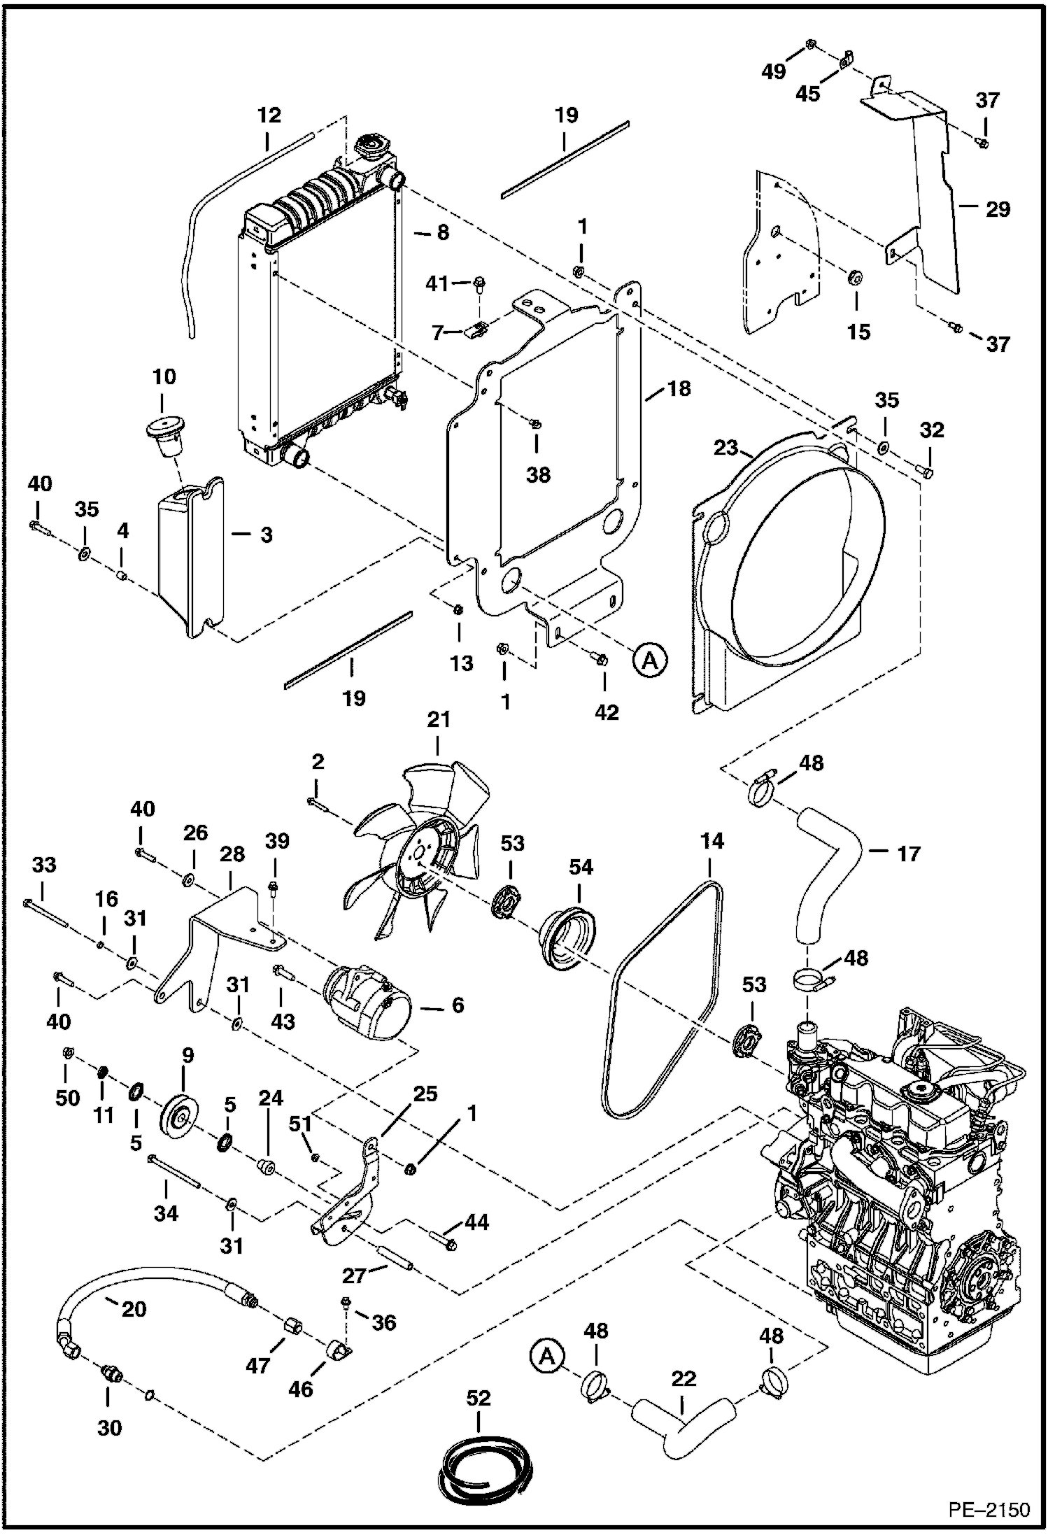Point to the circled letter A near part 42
coord(651,659)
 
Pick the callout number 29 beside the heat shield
coord(998,209)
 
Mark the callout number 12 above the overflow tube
coord(269,115)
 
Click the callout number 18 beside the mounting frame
coord(679,388)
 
